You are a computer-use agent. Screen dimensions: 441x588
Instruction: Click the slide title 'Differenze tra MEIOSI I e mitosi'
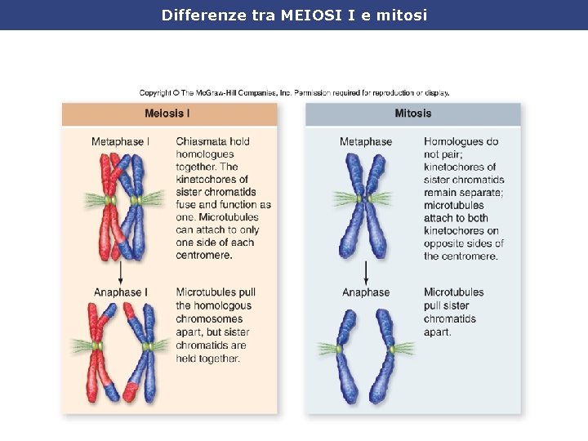[x=294, y=15]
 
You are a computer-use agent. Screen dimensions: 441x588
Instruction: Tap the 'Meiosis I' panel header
[x=167, y=114]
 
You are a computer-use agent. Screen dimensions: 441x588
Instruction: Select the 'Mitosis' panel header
[x=412, y=114]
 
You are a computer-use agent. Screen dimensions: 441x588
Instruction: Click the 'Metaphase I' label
[x=120, y=142]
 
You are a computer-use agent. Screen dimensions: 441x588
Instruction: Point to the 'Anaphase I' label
[x=121, y=292]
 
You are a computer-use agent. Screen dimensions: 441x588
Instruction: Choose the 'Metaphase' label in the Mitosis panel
[x=366, y=142]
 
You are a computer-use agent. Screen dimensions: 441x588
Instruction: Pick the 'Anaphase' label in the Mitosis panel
[x=366, y=292]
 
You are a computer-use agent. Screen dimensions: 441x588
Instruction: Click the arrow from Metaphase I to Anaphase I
[x=121, y=274]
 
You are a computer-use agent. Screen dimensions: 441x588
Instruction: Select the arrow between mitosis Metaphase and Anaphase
[x=366, y=274]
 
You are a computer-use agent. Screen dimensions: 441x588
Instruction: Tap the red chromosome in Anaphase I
[x=100, y=351]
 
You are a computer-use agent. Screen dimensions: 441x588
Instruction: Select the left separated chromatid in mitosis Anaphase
[x=345, y=355]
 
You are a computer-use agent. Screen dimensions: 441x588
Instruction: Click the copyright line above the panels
[x=294, y=93]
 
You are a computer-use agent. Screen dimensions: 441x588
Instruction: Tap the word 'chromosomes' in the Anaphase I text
[x=209, y=318]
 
